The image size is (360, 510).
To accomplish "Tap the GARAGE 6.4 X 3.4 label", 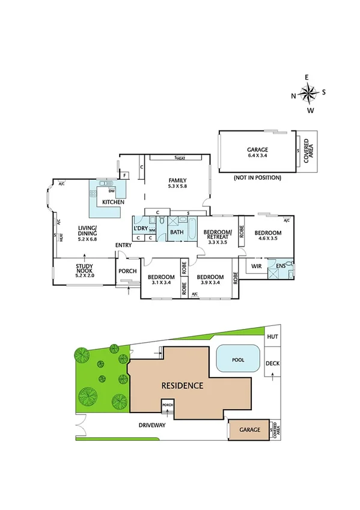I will click(x=257, y=153).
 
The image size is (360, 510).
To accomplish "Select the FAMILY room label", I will click(x=177, y=183).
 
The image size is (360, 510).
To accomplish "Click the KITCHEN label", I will click(x=112, y=202).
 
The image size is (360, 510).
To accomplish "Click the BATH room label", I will click(x=177, y=232).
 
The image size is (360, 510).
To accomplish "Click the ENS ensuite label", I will click(x=281, y=265).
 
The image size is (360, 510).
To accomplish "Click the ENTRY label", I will click(x=124, y=245).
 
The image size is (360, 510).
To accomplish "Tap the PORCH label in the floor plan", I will click(x=126, y=271).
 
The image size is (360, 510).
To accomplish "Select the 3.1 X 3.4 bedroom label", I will click(x=160, y=280).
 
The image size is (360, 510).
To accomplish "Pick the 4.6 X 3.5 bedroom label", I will click(x=267, y=236).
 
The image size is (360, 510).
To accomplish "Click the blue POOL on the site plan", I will click(x=239, y=360).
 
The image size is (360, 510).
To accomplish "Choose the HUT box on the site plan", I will click(x=273, y=337).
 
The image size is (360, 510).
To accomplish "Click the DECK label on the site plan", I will click(x=273, y=363).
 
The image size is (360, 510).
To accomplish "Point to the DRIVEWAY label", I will click(x=151, y=425).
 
